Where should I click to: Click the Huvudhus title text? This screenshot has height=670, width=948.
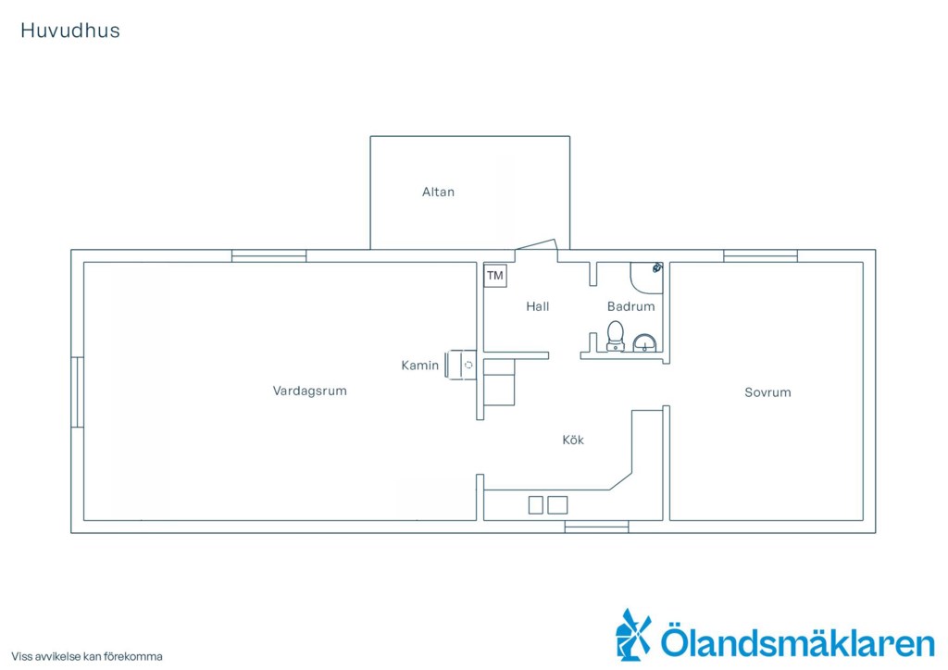coord(70,31)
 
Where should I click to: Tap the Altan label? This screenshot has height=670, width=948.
coord(438,192)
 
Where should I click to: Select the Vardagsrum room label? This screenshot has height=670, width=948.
coord(309,391)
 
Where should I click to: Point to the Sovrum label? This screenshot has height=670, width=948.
coord(767,392)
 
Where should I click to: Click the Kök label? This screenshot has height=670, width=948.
coord(573,440)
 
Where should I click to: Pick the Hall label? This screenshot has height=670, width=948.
coord(538,306)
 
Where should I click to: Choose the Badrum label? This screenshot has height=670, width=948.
coord(631,306)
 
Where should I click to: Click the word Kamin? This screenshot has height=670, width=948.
coord(420,366)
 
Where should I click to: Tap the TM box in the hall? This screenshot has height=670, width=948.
coord(495,276)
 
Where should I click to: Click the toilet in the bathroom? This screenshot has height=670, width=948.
coord(616,336)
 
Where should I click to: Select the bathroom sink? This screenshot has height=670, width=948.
coord(644,343)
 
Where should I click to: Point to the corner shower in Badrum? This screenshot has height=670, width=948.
coord(647,278)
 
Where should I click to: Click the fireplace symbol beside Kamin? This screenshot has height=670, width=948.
coord(461,365)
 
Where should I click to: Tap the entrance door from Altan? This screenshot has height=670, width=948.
coord(536,244)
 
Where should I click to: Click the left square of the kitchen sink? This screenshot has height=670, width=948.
coord(536,505)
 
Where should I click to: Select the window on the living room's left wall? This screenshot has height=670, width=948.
coord(78,392)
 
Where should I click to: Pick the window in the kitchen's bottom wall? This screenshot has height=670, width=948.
coord(597,527)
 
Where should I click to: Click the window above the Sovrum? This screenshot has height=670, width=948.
coord(761,255)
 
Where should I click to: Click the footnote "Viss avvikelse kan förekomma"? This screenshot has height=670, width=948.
coord(87,657)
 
